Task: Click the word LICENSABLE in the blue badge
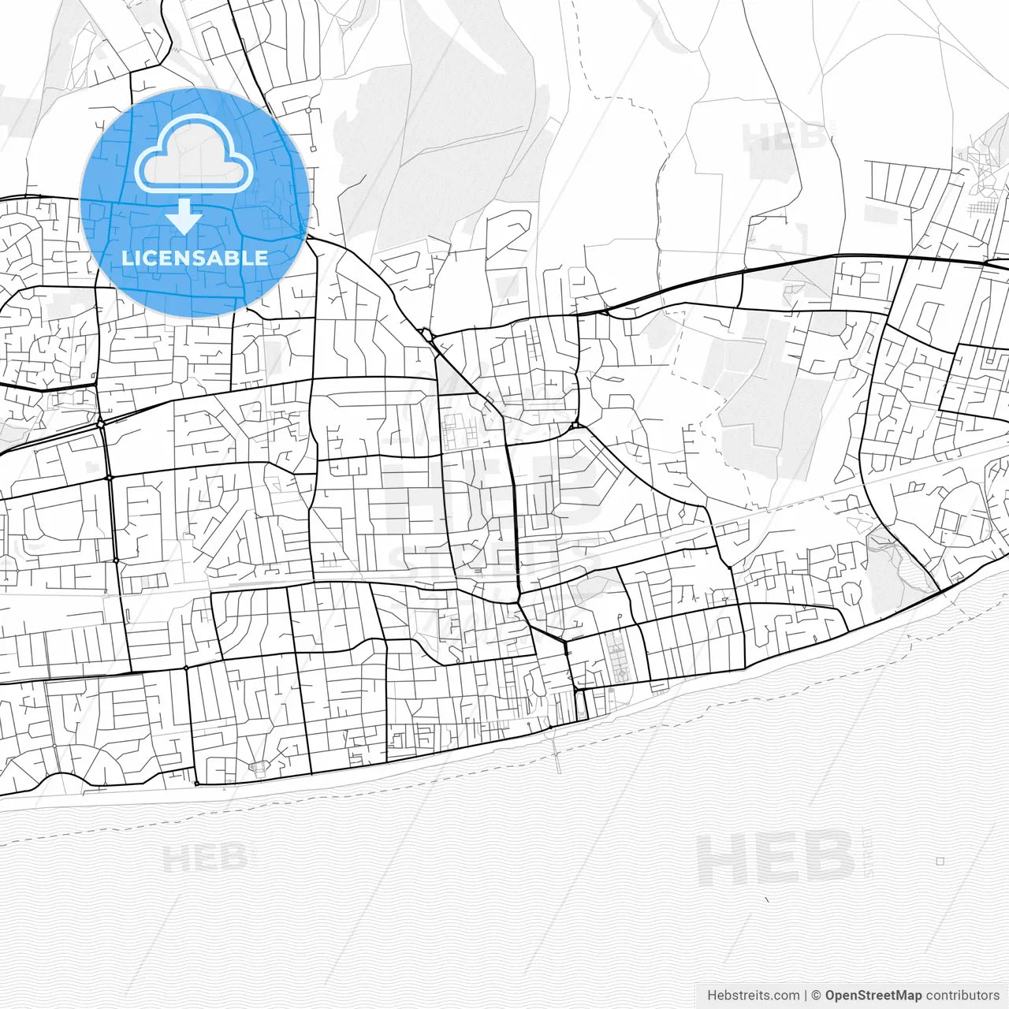point(195,258)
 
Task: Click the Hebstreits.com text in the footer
point(753,995)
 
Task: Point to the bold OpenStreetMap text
point(873,995)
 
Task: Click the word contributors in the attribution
point(962,995)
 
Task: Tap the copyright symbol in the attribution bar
point(817,995)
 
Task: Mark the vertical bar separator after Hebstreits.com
point(806,995)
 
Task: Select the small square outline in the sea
point(940,861)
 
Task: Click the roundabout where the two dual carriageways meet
point(101,423)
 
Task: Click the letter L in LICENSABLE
point(126,258)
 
